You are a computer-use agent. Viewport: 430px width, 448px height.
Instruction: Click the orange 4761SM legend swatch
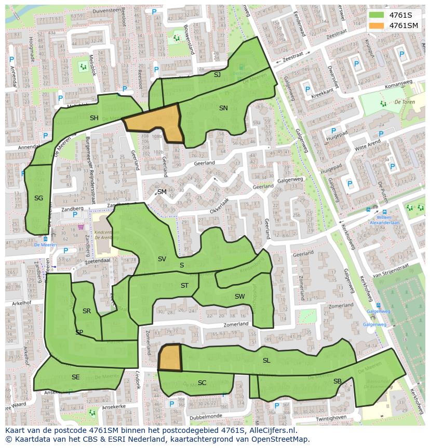(377, 25)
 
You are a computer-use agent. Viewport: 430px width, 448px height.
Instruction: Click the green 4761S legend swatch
(377, 15)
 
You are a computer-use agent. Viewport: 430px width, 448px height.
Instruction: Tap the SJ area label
(217, 75)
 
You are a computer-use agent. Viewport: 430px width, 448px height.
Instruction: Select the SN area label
(223, 108)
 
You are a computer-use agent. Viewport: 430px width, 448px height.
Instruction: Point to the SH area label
(94, 118)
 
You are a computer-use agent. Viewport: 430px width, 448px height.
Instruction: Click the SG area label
(38, 198)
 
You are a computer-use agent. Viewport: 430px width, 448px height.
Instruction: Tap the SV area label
(162, 259)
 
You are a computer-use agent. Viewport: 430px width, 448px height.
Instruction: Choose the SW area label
(239, 297)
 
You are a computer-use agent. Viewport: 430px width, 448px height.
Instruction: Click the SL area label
(266, 361)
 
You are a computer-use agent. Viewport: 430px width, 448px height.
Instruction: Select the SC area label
(202, 383)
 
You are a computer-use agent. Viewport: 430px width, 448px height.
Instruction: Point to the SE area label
(76, 377)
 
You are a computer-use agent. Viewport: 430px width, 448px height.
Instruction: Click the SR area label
(87, 311)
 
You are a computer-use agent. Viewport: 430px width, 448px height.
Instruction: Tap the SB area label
(338, 381)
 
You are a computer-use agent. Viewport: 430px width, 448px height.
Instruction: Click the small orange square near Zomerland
(170, 358)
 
